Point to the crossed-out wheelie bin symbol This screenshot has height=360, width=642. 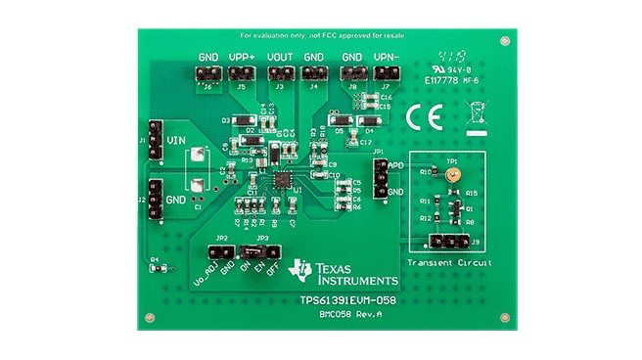(x=474, y=113)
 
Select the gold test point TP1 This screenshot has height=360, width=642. (x=451, y=176)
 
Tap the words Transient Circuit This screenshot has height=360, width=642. (x=449, y=263)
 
